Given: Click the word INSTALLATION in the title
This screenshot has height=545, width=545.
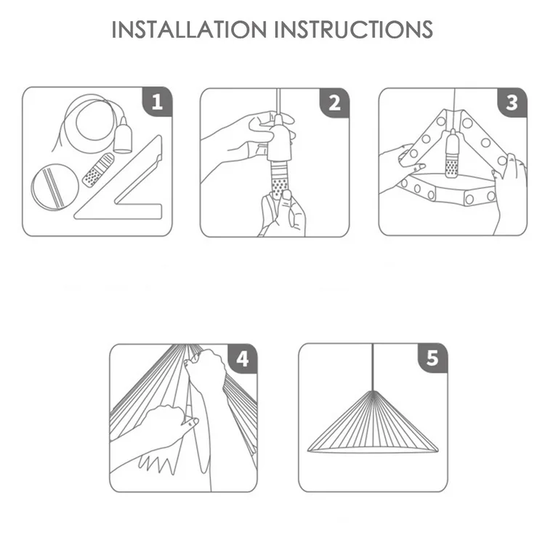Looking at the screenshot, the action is coord(189,30).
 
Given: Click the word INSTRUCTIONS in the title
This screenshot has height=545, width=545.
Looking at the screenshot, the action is coord(354,30).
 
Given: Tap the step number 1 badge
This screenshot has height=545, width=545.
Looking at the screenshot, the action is coord(157,102).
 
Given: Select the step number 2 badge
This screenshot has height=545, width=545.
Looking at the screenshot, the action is coord(334,103).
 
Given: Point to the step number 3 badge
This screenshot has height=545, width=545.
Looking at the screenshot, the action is coord(512,103).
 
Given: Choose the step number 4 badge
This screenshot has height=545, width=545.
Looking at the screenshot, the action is coord(243,359).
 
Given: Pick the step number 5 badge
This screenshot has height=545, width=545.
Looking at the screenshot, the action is coord(432,358).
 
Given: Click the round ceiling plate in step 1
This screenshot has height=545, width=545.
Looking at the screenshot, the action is coord(54,187).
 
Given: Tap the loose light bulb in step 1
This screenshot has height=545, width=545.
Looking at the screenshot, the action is coord(98,170).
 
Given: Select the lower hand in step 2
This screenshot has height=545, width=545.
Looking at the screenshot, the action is coord(282,214).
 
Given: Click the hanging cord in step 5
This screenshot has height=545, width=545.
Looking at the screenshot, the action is coord(373,367).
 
